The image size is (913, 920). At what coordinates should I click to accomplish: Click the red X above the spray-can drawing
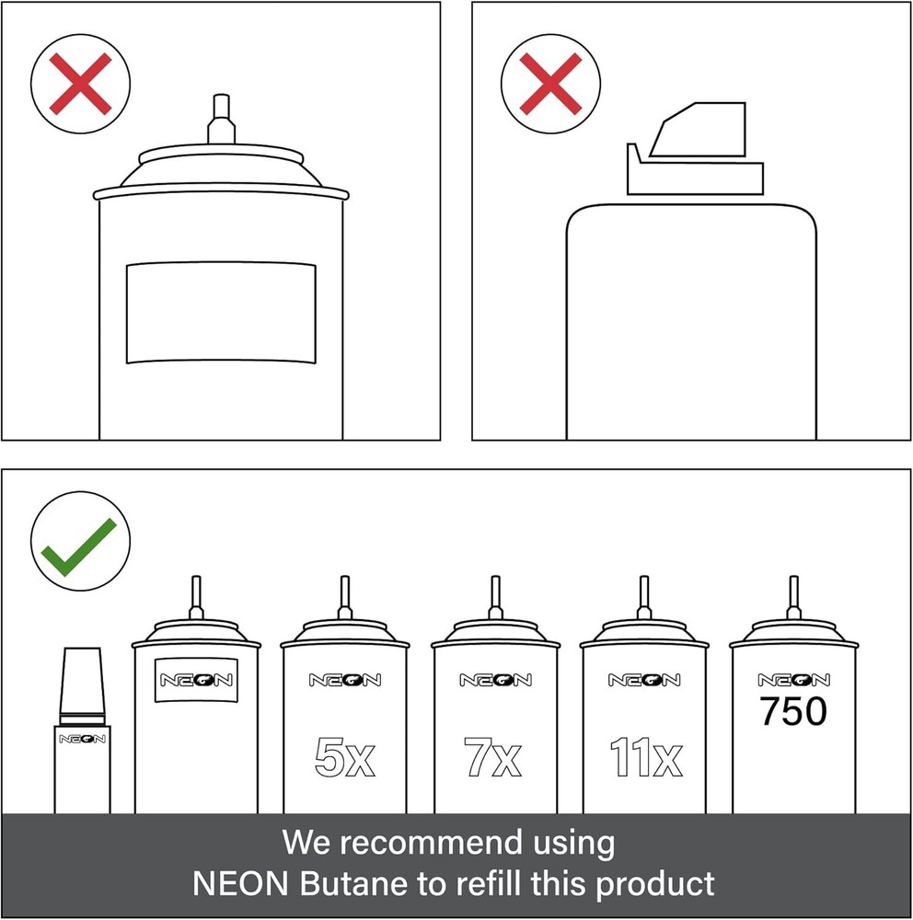click(80, 84)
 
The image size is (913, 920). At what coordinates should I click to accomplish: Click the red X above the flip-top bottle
click(550, 84)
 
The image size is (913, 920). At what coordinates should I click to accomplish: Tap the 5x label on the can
click(344, 757)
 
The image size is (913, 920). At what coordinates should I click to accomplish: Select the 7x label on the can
click(492, 757)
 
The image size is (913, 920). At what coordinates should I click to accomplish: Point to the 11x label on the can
click(646, 757)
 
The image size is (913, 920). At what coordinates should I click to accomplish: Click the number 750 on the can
click(793, 711)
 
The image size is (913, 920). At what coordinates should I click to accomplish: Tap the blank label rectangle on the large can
click(221, 314)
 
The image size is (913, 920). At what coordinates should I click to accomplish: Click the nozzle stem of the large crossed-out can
click(222, 119)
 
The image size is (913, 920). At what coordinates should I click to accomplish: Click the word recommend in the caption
click(432, 843)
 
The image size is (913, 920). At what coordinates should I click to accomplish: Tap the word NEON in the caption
click(240, 883)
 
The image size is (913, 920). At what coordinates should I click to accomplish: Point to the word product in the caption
click(655, 884)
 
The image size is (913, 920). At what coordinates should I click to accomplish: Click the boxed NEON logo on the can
click(196, 680)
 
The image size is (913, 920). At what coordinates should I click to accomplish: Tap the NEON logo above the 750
click(793, 680)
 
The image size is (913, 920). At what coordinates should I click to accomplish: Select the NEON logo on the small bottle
click(82, 739)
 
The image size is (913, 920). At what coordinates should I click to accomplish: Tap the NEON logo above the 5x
click(345, 680)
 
